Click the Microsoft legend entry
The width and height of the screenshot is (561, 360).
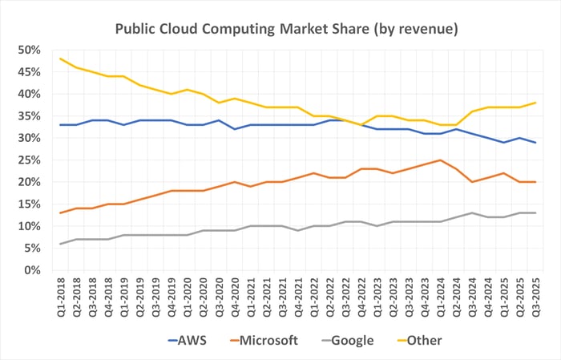coord(260,340)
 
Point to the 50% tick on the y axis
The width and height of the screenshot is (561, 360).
coord(29,50)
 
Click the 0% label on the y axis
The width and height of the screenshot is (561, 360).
coord(32,270)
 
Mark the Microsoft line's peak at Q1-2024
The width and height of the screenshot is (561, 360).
coord(440,160)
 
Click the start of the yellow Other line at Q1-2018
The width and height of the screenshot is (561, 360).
coord(61,59)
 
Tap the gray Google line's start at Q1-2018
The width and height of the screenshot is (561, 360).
coord(61,244)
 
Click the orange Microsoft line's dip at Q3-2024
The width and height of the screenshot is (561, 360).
coord(472,182)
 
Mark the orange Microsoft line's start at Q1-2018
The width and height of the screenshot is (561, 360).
coord(61,213)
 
